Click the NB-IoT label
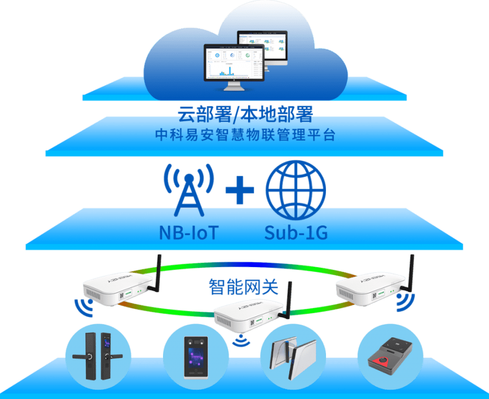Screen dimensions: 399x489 (188, 233)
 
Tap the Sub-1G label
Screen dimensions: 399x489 (295, 233)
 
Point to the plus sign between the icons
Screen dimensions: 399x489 (239, 191)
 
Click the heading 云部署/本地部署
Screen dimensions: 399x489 (245, 114)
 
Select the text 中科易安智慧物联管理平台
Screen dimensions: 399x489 (245, 136)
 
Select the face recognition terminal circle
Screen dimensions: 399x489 (196, 357)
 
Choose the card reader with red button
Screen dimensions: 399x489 (390, 355)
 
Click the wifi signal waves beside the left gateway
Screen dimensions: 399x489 (83, 307)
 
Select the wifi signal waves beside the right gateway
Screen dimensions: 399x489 (405, 305)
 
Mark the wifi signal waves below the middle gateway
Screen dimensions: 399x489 (240, 341)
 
